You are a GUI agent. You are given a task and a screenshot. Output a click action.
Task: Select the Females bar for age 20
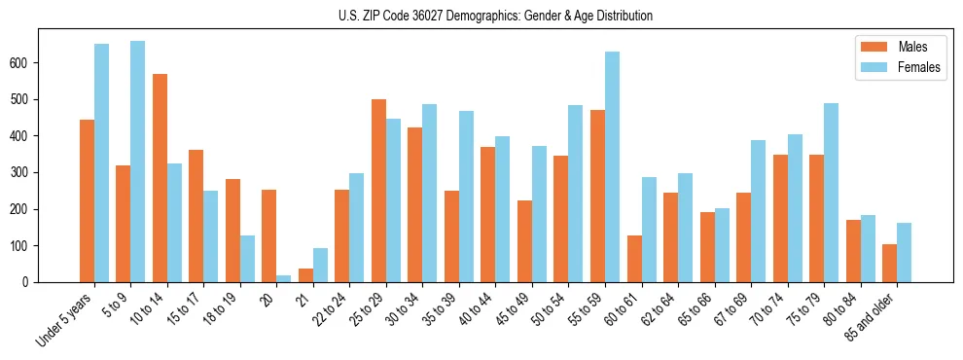point(284,278)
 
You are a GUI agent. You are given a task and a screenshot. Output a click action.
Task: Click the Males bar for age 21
point(305,275)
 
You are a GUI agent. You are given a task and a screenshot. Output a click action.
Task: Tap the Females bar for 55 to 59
point(612,166)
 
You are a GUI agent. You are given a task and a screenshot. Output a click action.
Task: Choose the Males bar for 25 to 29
point(378,191)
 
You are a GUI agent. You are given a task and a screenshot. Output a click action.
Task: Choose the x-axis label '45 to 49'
point(512,310)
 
